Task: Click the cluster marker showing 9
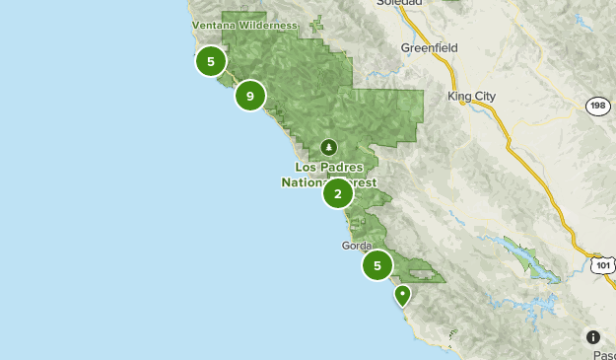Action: pyautogui.click(x=250, y=96)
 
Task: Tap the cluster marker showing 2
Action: pyautogui.click(x=338, y=193)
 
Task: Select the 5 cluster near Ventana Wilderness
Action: pyautogui.click(x=210, y=61)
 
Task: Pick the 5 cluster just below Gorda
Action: pyautogui.click(x=376, y=265)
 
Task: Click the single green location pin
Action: pyautogui.click(x=402, y=294)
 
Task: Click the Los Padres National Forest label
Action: pyautogui.click(x=328, y=175)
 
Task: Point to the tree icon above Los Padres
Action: pyautogui.click(x=328, y=148)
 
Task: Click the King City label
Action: pyautogui.click(x=471, y=96)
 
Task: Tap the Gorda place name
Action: pyautogui.click(x=356, y=245)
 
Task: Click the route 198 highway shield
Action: pyautogui.click(x=597, y=106)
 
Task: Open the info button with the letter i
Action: pyautogui.click(x=593, y=337)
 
